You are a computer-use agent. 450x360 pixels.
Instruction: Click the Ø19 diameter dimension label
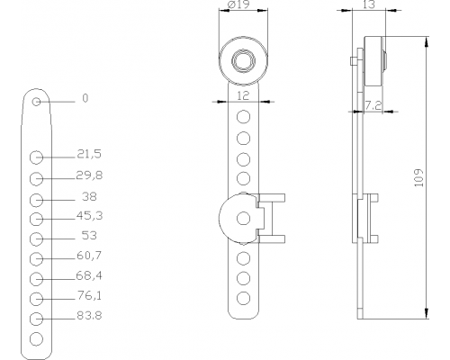[239, 4]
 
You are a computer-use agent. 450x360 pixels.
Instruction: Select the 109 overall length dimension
[418, 178]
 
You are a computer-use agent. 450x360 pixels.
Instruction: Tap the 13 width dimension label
[369, 4]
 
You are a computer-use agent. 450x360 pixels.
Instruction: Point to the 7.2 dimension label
[373, 105]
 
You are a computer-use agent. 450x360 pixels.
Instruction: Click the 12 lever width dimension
[243, 95]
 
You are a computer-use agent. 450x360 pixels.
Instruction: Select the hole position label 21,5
[89, 154]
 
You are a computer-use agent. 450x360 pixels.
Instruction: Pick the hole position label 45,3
[89, 215]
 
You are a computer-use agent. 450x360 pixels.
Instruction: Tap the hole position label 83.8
[89, 316]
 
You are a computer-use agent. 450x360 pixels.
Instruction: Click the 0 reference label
[85, 98]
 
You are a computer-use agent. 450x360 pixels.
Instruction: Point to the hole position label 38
[89, 196]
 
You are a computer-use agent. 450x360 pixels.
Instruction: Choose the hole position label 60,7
[89, 256]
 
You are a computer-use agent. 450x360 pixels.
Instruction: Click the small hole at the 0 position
[36, 102]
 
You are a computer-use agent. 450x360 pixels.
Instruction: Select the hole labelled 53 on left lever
[36, 238]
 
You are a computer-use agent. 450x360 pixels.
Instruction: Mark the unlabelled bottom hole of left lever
[36, 339]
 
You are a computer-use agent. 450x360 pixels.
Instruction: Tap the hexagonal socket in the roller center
[243, 61]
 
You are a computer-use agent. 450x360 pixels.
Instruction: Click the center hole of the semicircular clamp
[243, 218]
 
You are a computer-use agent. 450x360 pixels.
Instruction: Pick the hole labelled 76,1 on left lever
[36, 299]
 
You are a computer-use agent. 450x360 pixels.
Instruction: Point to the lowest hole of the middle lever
[243, 298]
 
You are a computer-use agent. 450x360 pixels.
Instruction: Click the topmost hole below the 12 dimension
[243, 116]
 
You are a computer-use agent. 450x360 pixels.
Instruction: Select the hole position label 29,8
[89, 175]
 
